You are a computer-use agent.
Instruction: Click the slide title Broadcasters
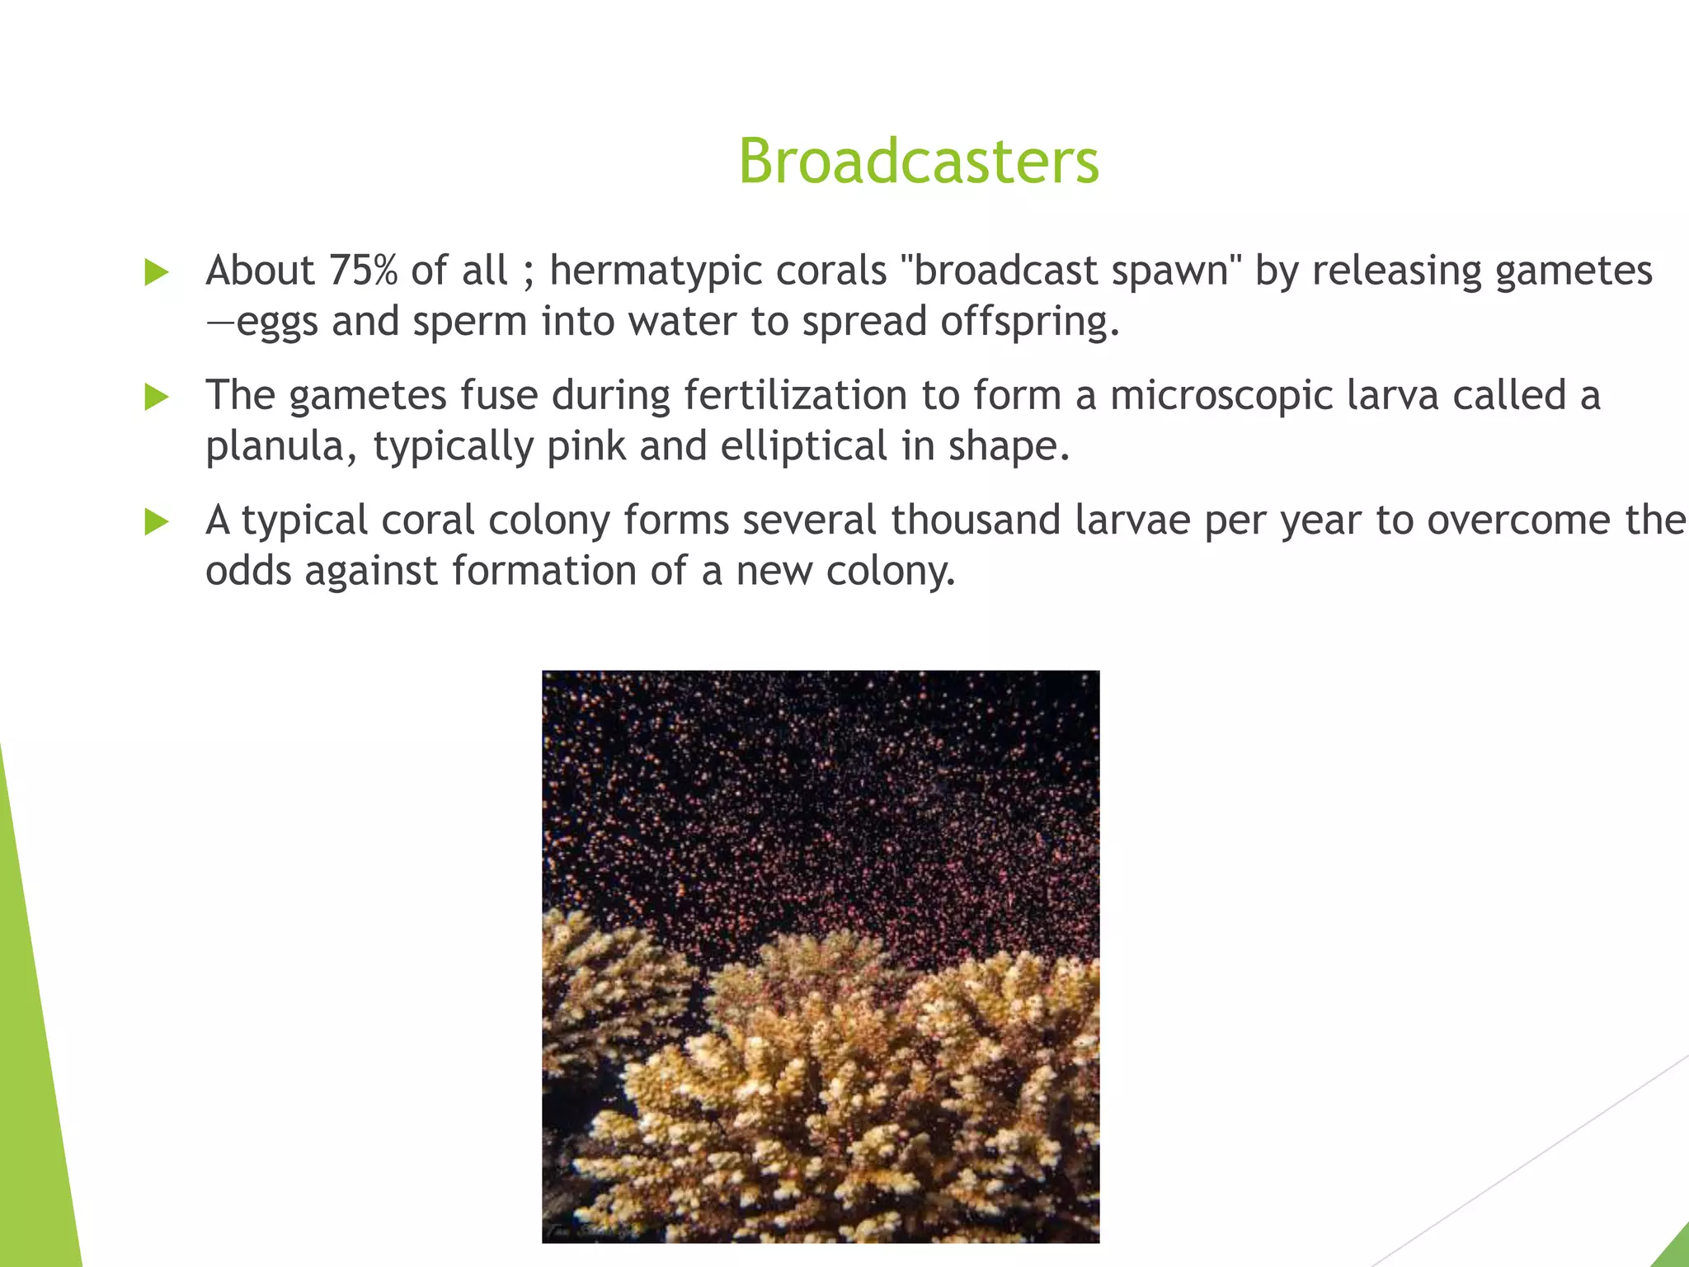(x=918, y=161)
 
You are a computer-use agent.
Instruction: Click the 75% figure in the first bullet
(x=363, y=271)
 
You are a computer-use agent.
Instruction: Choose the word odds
(x=248, y=571)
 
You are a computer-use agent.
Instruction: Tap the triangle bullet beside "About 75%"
(x=156, y=272)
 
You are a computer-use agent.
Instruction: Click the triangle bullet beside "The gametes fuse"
(x=156, y=397)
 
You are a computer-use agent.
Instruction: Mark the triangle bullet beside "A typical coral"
(x=156, y=521)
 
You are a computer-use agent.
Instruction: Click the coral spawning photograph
(x=821, y=957)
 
